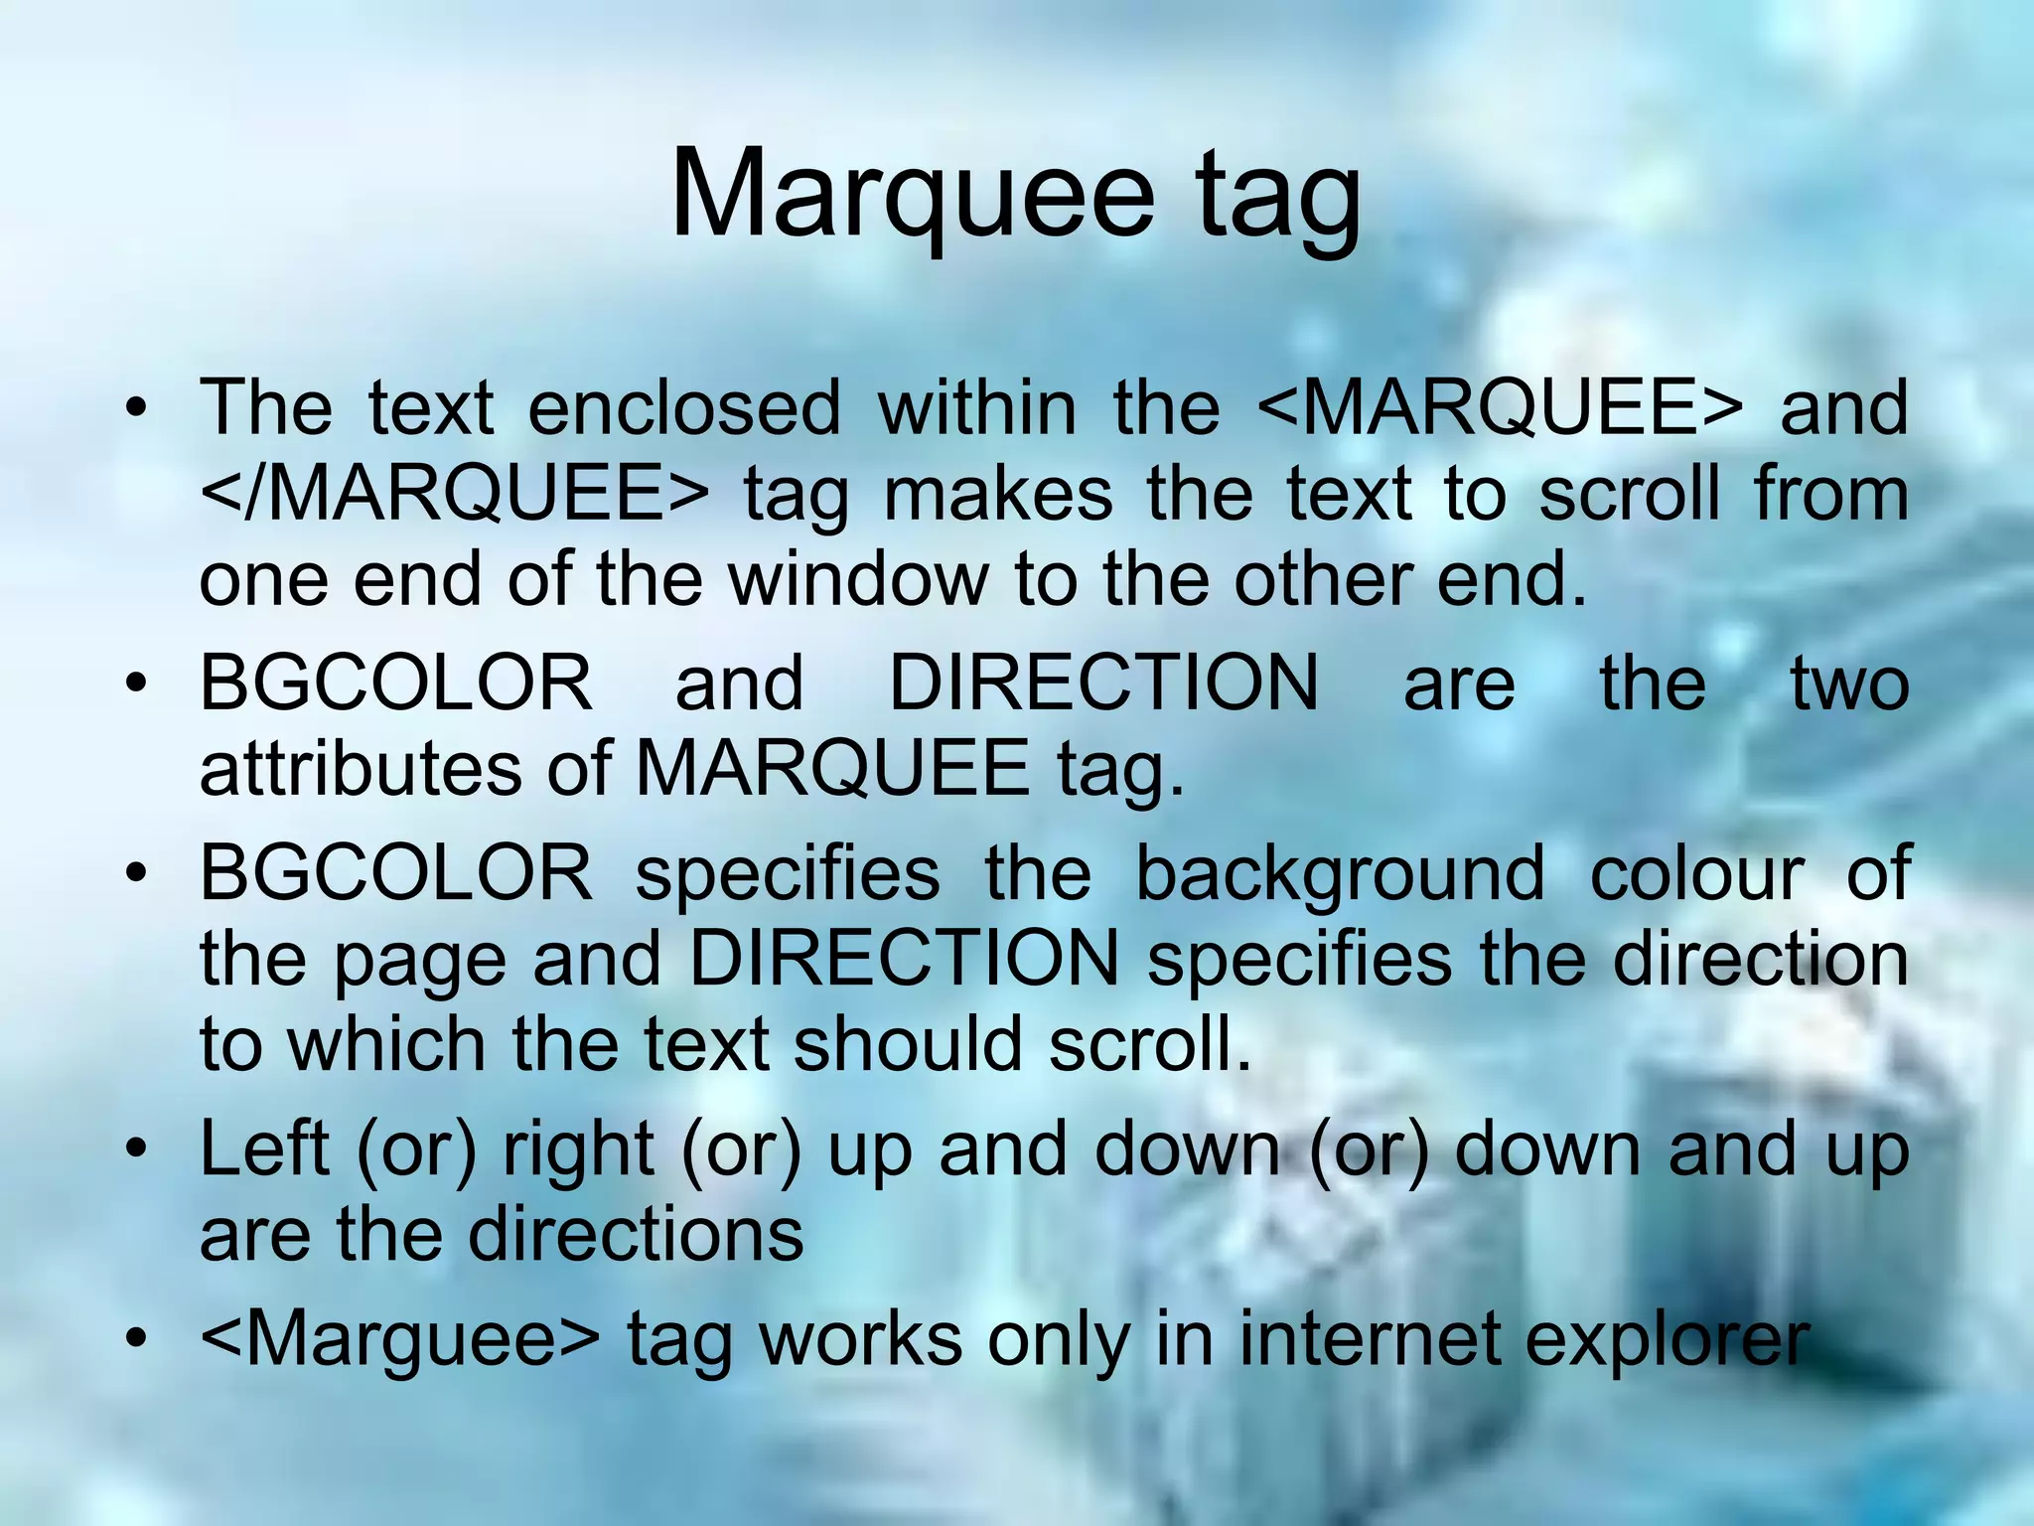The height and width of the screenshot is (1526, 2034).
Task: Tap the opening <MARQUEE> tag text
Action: coord(1500,407)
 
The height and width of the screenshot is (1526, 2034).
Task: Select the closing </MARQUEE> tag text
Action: coord(455,494)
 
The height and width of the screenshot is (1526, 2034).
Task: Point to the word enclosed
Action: coord(683,407)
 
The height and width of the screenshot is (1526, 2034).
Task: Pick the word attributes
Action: coord(361,768)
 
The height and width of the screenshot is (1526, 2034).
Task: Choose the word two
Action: coord(1849,684)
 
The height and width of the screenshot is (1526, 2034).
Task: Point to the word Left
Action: coord(264,1149)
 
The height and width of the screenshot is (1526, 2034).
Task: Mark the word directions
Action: coord(636,1235)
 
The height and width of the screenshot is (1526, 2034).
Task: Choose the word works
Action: coord(861,1339)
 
